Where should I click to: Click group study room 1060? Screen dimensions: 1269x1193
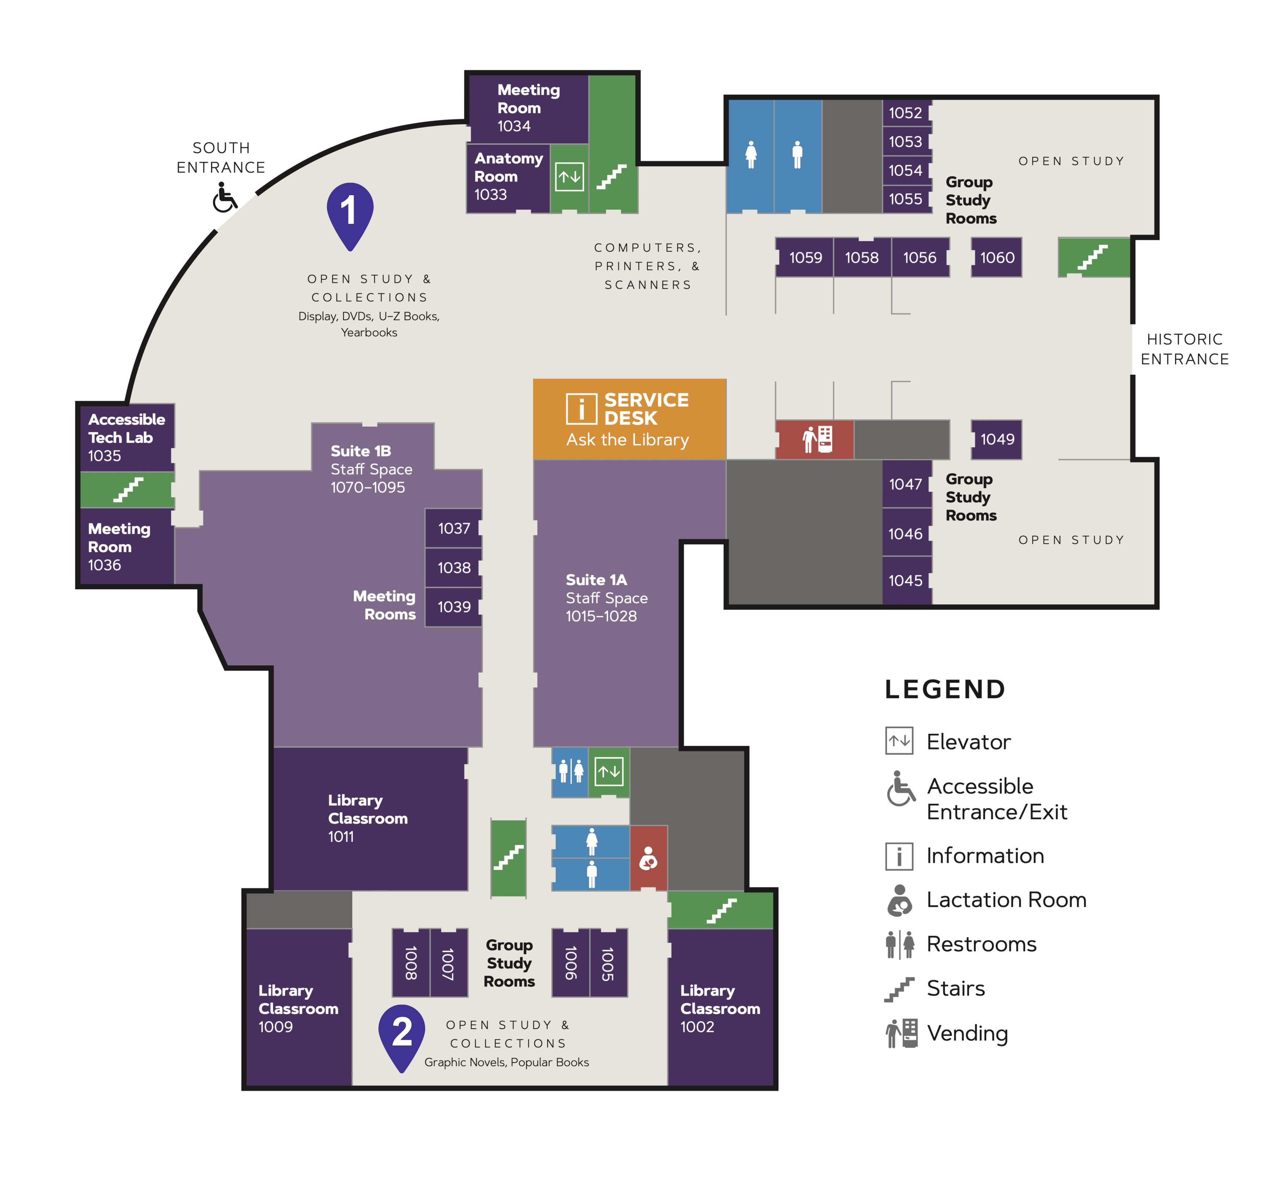click(997, 258)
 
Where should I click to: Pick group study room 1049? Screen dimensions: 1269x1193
click(997, 440)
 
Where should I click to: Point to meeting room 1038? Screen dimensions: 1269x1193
click(453, 568)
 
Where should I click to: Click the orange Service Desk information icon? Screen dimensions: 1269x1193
click(581, 409)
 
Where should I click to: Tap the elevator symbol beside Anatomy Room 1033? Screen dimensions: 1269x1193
click(570, 177)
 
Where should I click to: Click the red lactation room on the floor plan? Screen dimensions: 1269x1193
click(648, 858)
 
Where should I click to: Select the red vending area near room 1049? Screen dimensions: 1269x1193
click(815, 440)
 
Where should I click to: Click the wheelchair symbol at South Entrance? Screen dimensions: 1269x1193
click(224, 198)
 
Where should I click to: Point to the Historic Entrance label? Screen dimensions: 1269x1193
click(1185, 349)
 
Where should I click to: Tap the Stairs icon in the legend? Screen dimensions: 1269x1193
click(900, 989)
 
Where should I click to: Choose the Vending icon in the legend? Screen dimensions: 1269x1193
click(901, 1033)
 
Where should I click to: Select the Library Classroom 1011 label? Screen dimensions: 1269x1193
click(368, 818)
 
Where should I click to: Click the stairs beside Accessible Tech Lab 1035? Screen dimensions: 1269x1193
click(128, 489)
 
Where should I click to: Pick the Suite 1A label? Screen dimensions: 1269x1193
click(596, 580)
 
